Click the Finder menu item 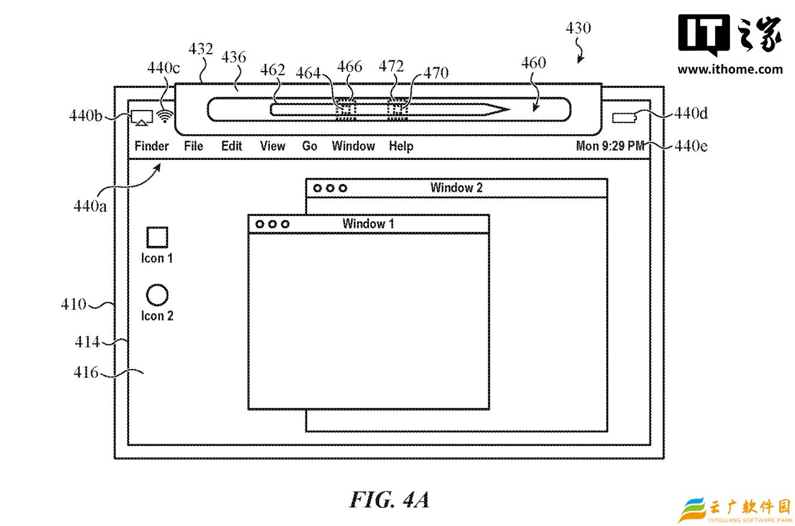click(151, 146)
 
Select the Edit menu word click(231, 146)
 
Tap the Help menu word click(401, 146)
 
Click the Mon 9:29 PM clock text click(610, 146)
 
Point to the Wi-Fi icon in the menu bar click(165, 116)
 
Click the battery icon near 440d click(624, 118)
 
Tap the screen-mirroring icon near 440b click(142, 118)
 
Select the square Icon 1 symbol click(157, 237)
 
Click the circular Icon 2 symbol click(157, 295)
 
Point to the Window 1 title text click(368, 224)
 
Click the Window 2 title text click(457, 188)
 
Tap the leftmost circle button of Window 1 click(260, 224)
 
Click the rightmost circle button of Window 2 click(343, 188)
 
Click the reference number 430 click(578, 28)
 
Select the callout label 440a click(90, 206)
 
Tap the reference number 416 click(86, 372)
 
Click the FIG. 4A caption click(390, 500)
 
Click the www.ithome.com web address click(730, 69)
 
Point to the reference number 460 click(534, 63)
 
